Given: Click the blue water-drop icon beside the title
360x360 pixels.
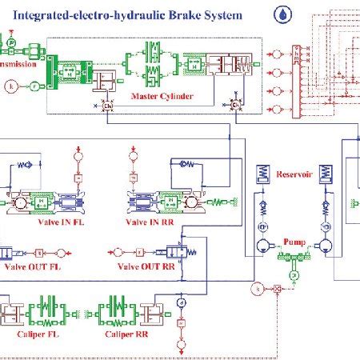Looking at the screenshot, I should click(283, 14).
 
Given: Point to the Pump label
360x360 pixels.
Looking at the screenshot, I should click(294, 239).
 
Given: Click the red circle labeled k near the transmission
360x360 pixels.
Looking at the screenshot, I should click(11, 86).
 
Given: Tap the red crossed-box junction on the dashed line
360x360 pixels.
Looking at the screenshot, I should click(277, 289).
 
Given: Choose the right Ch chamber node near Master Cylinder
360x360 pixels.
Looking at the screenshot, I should click(236, 105).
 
